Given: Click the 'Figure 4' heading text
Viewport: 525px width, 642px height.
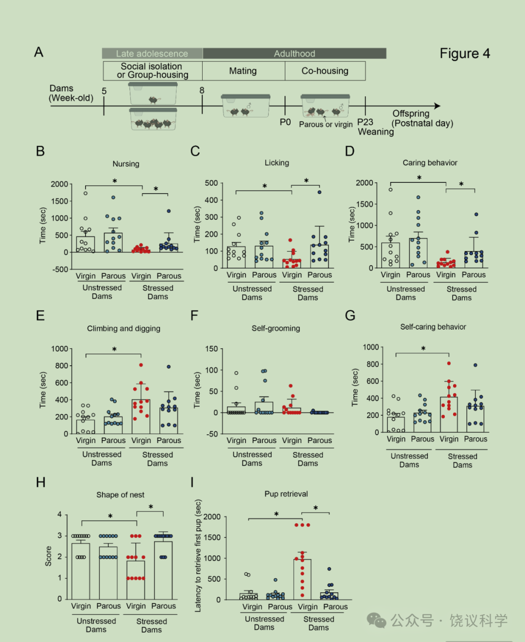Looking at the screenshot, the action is pyautogui.click(x=465, y=53).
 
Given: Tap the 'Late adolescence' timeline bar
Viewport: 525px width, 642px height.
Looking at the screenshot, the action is pyautogui.click(x=152, y=53).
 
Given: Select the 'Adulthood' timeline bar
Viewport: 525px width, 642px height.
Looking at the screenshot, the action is pyautogui.click(x=294, y=53).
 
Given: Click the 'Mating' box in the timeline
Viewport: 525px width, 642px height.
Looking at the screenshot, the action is pyautogui.click(x=244, y=71).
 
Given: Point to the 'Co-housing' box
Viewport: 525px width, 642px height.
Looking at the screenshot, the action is pyautogui.click(x=325, y=71).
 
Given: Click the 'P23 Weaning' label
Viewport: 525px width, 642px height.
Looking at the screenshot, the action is pyautogui.click(x=375, y=127).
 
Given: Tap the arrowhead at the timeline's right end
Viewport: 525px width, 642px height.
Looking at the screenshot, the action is pyautogui.click(x=437, y=106).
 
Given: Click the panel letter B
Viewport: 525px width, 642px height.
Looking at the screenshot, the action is pyautogui.click(x=40, y=151).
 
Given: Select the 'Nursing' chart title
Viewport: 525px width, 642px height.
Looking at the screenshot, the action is pyautogui.click(x=126, y=164).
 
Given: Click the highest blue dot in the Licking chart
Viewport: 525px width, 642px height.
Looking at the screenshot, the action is pyautogui.click(x=319, y=192).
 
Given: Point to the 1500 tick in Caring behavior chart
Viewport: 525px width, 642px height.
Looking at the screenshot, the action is pyautogui.click(x=365, y=204).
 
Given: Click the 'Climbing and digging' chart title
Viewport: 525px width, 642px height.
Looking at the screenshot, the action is pyautogui.click(x=123, y=328).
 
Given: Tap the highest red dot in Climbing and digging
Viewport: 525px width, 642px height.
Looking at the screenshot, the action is pyautogui.click(x=141, y=365).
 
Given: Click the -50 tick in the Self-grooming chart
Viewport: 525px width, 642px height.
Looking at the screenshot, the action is pyautogui.click(x=211, y=434).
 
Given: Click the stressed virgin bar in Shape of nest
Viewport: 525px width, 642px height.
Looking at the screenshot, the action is pyautogui.click(x=136, y=580).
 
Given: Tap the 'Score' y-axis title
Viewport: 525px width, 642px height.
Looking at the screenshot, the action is pyautogui.click(x=48, y=556).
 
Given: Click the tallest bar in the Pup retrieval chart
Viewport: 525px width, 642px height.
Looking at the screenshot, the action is pyautogui.click(x=302, y=579).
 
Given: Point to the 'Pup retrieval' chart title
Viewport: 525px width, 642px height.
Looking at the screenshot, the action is pyautogui.click(x=286, y=494).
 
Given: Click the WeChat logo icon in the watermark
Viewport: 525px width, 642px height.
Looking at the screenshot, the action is pyautogui.click(x=376, y=620).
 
